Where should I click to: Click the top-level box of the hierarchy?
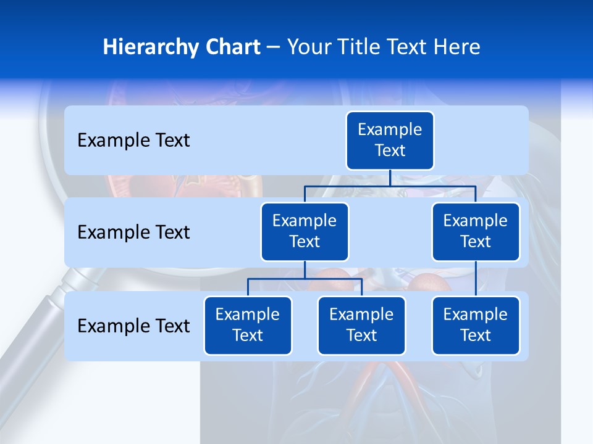390,141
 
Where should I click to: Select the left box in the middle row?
305,232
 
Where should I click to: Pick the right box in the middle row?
476,232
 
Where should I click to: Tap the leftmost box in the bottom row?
248,326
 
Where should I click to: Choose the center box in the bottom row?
361,326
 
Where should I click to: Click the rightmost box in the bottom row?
476,326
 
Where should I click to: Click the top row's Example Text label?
133,141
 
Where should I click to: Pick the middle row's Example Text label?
133,232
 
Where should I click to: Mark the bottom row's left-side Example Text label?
133,326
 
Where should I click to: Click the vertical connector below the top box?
390,178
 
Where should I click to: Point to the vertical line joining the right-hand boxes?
476,278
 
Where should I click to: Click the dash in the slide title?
274,47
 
